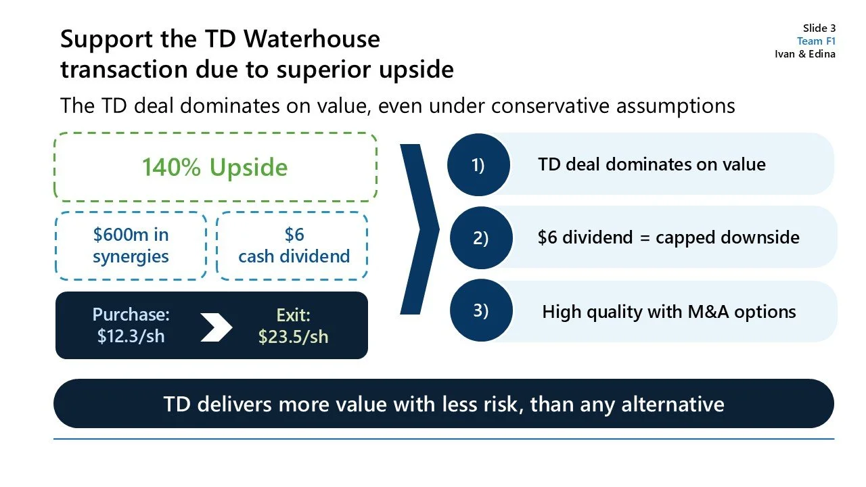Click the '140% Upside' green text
tap(214, 167)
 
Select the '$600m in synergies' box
tap(131, 246)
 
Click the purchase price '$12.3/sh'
tap(131, 335)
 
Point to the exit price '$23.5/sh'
tap(293, 336)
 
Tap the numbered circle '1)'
tap(478, 165)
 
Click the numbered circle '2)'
tap(480, 238)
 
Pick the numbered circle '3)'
tap(480, 310)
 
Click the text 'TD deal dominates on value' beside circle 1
tap(652, 164)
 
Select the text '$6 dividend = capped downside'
tap(668, 237)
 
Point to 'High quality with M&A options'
tap(669, 312)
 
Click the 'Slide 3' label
tap(819, 28)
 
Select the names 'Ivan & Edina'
tap(805, 54)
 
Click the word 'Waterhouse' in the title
tap(311, 39)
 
